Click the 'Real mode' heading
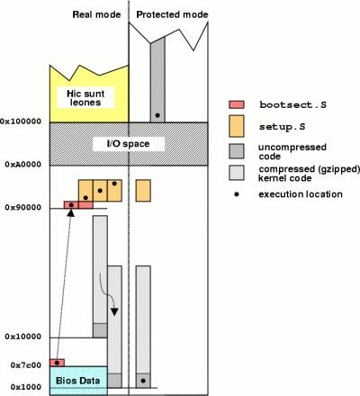click(96, 14)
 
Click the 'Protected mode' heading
click(172, 14)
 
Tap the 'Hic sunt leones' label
click(85, 98)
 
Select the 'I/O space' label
click(128, 144)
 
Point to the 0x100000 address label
click(21, 121)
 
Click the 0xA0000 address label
click(23, 165)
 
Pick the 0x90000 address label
click(23, 207)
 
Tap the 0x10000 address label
click(23, 337)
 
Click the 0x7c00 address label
click(26, 365)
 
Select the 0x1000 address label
click(26, 387)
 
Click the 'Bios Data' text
click(77, 381)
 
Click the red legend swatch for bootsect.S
click(237, 104)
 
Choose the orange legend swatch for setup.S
click(237, 126)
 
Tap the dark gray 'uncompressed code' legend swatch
click(237, 151)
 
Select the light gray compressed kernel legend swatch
click(237, 173)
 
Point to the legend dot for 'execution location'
click(237, 194)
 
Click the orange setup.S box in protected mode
click(143, 191)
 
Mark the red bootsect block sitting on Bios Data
click(57, 363)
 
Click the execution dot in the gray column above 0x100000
click(157, 115)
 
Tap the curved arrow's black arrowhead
click(114, 311)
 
